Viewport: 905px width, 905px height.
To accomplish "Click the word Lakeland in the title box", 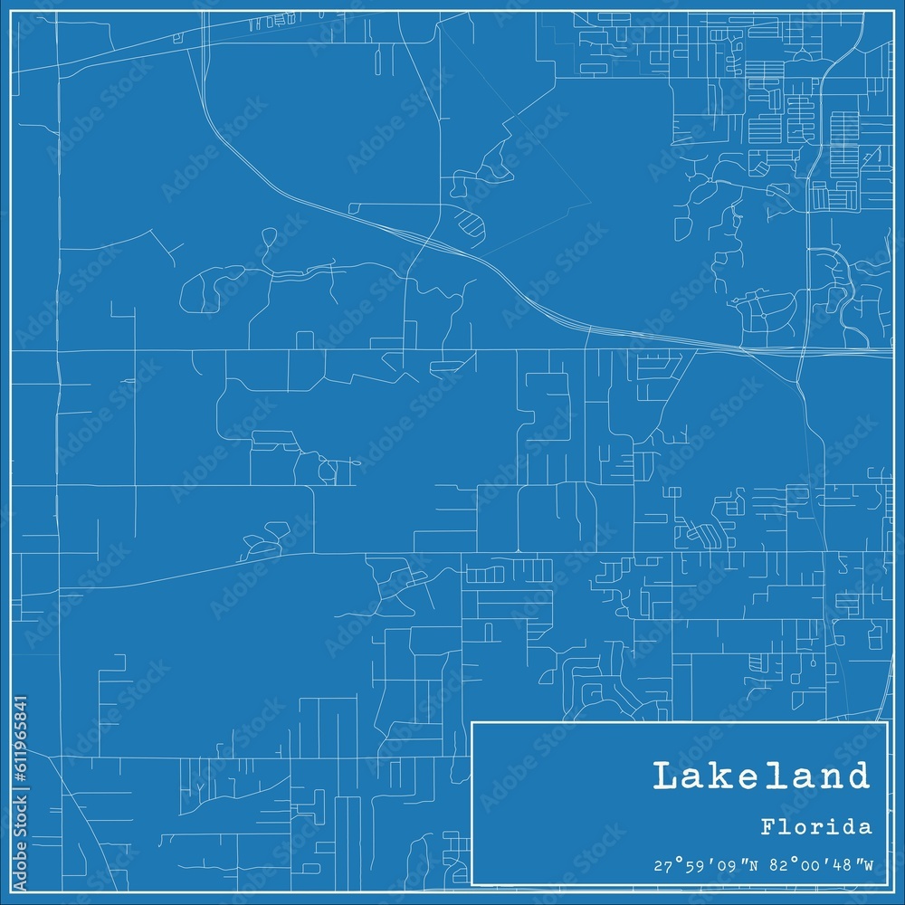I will point(760,776).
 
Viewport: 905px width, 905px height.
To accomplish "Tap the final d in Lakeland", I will point(857,776).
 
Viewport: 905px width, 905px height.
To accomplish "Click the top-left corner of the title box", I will point(472,722).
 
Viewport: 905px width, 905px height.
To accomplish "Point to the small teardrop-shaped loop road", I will point(268,239).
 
